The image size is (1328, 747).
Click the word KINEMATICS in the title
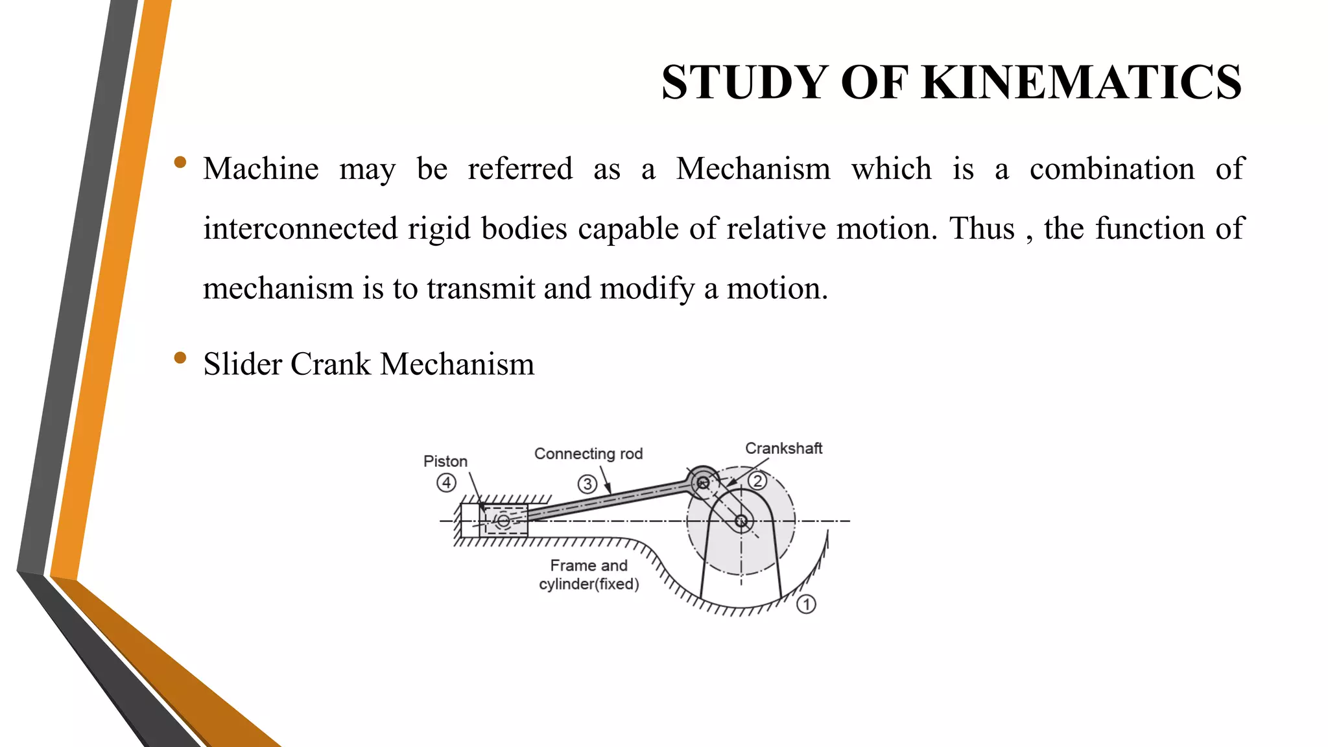[x=1081, y=83]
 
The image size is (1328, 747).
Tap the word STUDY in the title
[x=743, y=83]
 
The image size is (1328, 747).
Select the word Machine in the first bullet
[x=261, y=169]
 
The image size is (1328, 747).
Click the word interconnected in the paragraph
[x=300, y=229]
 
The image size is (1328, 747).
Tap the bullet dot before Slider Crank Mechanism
[x=180, y=358]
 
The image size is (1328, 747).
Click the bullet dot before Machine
[x=180, y=162]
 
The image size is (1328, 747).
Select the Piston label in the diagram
[x=445, y=461]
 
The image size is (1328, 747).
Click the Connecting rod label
[x=588, y=454]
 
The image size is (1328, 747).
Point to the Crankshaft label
[x=783, y=449]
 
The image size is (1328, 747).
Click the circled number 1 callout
[x=806, y=604]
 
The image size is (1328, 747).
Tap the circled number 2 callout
[x=757, y=481]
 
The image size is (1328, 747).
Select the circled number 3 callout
[x=587, y=484]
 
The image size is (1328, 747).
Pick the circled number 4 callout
[x=446, y=482]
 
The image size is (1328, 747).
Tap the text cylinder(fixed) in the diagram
[x=589, y=584]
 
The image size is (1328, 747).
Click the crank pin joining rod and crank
[x=702, y=482]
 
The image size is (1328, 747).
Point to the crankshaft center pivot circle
[x=741, y=521]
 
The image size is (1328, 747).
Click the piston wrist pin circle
[x=503, y=521]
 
